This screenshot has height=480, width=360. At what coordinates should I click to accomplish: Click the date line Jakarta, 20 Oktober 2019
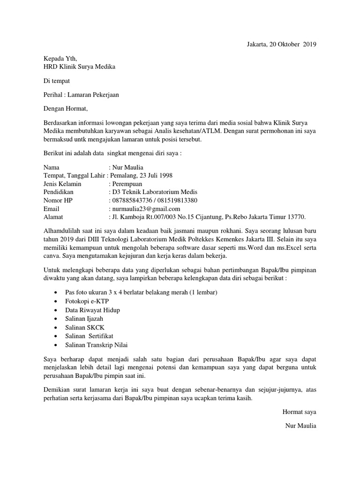click(281, 45)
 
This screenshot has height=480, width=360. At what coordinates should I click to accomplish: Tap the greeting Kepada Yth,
click(60, 59)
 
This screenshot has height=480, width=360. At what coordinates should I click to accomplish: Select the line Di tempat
click(57, 81)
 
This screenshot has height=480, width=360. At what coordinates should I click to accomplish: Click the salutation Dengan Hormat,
click(66, 109)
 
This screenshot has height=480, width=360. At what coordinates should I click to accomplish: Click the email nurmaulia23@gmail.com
click(145, 209)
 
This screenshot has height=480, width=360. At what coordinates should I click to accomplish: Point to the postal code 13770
click(295, 217)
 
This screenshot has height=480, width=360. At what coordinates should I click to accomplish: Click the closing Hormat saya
click(299, 412)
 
